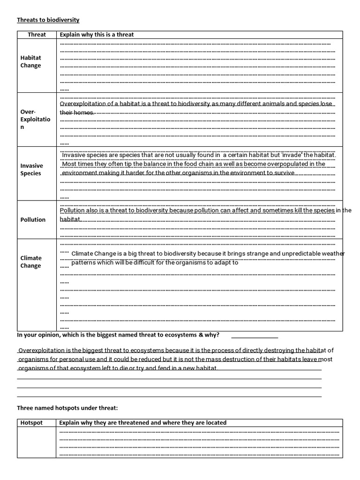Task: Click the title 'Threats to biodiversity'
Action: [x=48, y=20]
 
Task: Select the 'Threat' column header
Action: [x=37, y=35]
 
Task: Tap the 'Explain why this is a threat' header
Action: [x=97, y=35]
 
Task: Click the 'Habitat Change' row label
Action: [x=30, y=61]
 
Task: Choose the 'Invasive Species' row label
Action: [x=31, y=169]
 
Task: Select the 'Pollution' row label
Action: [x=33, y=219]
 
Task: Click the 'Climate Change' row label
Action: [x=31, y=262]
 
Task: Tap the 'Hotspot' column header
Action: [x=31, y=422]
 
